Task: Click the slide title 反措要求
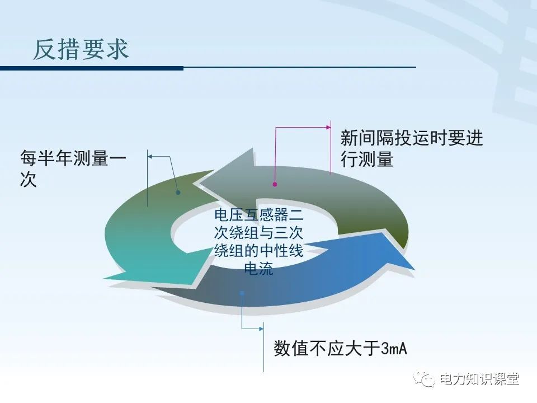point(81,49)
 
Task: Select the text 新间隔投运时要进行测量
point(411,149)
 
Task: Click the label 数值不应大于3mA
point(340,349)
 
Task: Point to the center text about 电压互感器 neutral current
point(258,241)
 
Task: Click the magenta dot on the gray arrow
point(275,184)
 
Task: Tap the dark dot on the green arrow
point(178,193)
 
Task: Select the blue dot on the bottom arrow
point(242,292)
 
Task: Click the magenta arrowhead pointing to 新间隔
point(328,128)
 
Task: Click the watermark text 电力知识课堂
point(479,379)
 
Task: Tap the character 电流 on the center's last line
point(258,269)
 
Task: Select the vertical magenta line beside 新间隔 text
point(331,147)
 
